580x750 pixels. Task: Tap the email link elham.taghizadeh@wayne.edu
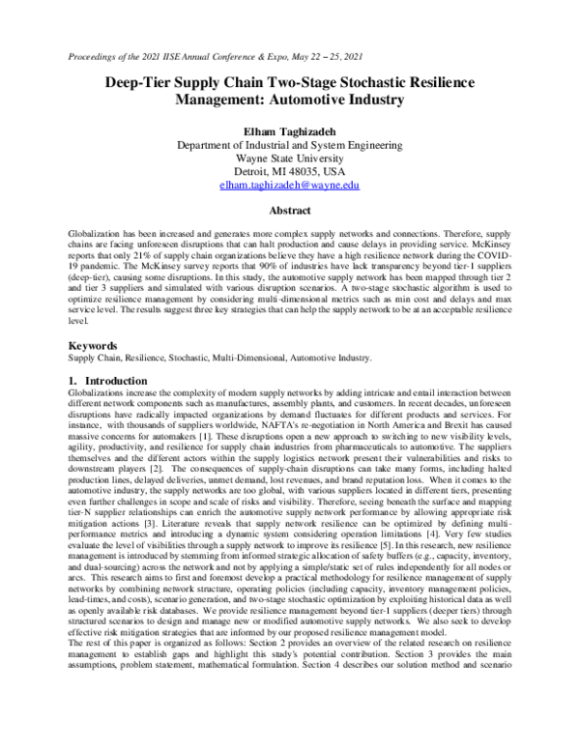[289, 184]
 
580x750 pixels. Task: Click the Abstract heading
[289, 210]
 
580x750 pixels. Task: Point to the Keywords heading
[95, 344]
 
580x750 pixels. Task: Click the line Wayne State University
[289, 157]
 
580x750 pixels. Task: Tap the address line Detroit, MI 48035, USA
[289, 170]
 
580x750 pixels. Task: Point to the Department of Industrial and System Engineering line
[289, 143]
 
